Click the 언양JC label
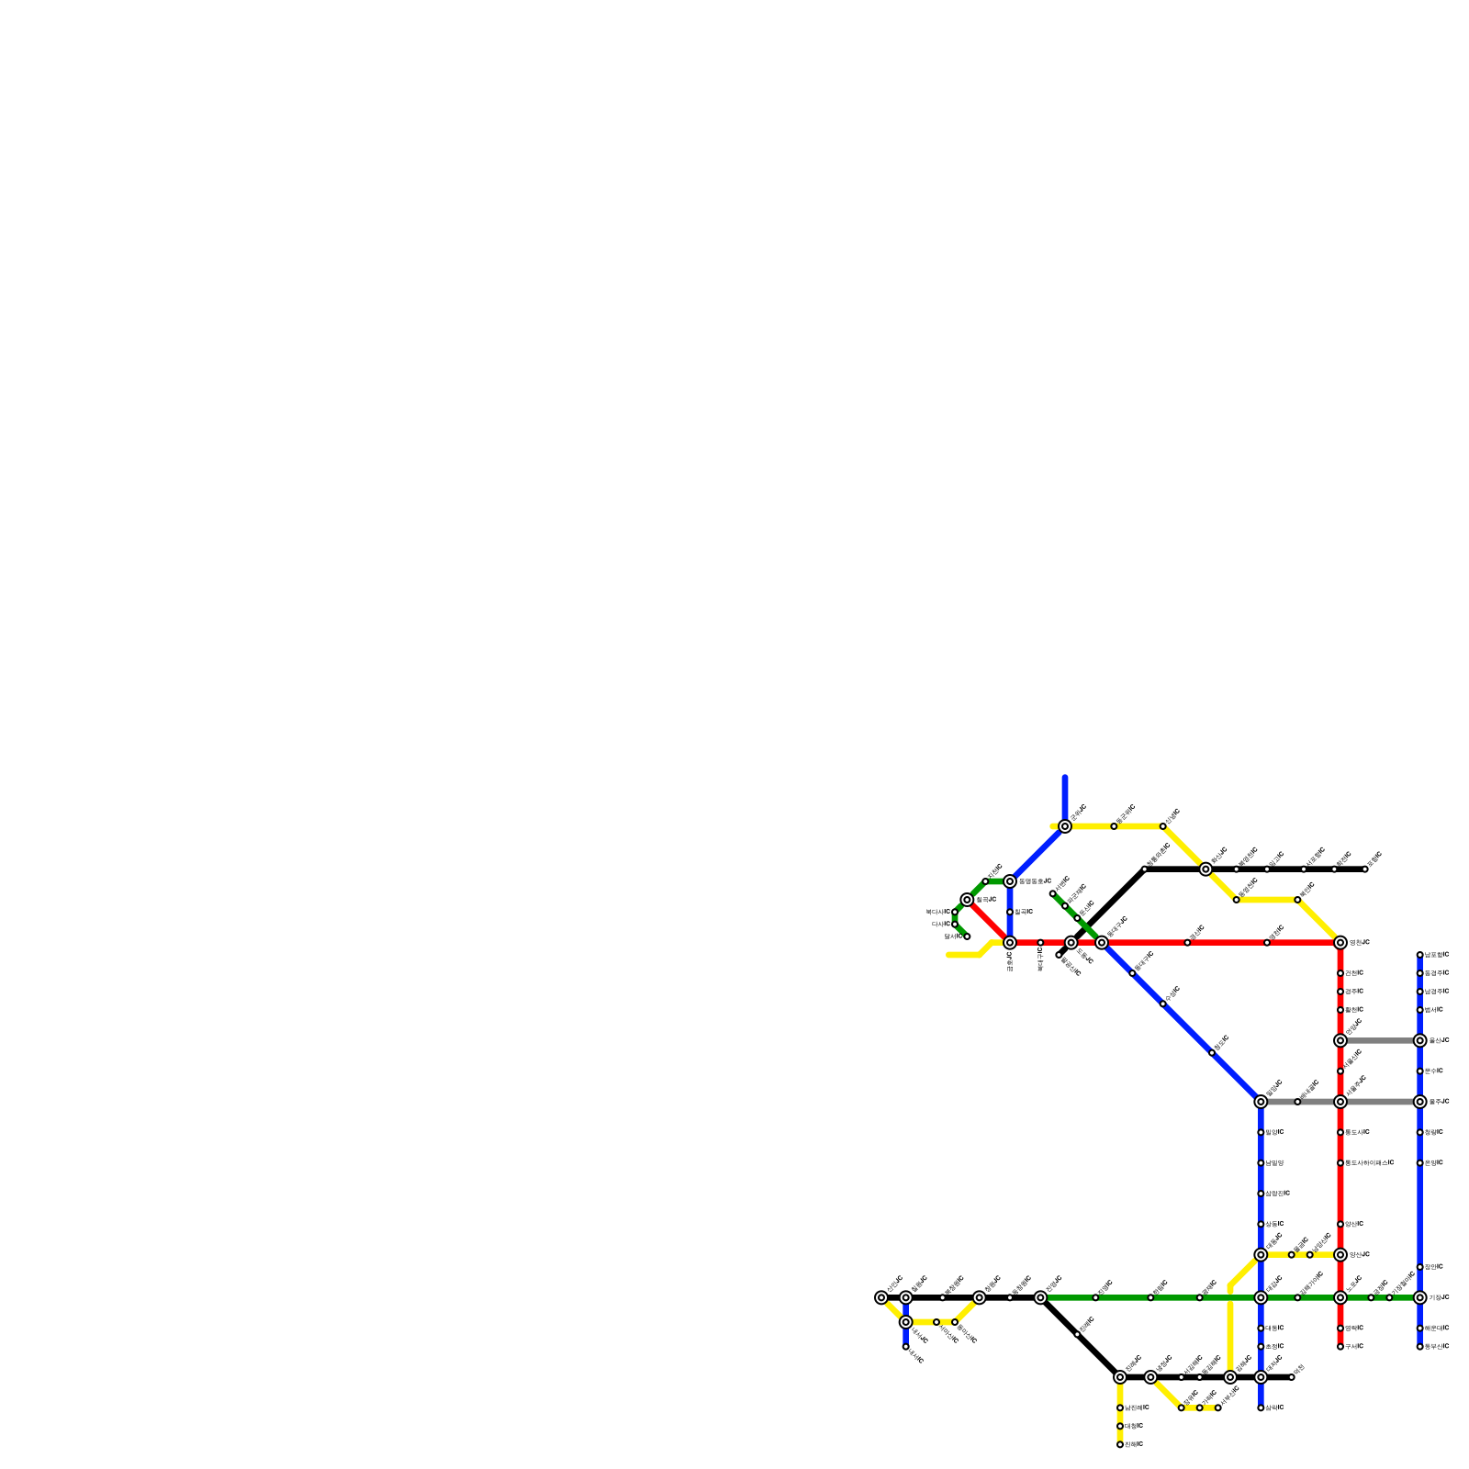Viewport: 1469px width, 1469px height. (x=1360, y=943)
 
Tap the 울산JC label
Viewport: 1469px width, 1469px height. (x=1439, y=1040)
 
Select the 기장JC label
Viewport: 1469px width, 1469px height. (x=1439, y=1297)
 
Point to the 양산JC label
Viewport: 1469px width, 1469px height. (x=1360, y=1254)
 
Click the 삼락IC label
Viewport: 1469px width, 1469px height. (x=1274, y=1407)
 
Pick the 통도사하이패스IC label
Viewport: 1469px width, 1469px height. (x=1369, y=1162)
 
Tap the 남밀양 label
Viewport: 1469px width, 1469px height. (x=1274, y=1162)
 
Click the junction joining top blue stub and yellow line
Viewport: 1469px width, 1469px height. (x=1065, y=826)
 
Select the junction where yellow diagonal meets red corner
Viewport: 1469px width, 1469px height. (x=1340, y=943)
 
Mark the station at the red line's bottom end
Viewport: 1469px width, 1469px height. (x=1340, y=1347)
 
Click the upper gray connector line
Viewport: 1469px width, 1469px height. (x=1380, y=1040)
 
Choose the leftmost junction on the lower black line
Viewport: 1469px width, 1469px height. (x=881, y=1297)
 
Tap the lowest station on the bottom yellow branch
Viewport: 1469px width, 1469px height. (x=1120, y=1444)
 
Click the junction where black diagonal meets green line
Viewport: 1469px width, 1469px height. (x=1040, y=1297)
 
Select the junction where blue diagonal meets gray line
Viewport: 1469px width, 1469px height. (x=1261, y=1102)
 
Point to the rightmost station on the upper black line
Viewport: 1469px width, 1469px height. (x=1365, y=869)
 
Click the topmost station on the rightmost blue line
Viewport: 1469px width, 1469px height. (x=1420, y=955)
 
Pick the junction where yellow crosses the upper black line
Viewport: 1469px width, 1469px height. (x=1205, y=869)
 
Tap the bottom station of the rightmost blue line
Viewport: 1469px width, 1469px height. (x=1420, y=1347)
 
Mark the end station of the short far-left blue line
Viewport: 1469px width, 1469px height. (x=906, y=1347)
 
